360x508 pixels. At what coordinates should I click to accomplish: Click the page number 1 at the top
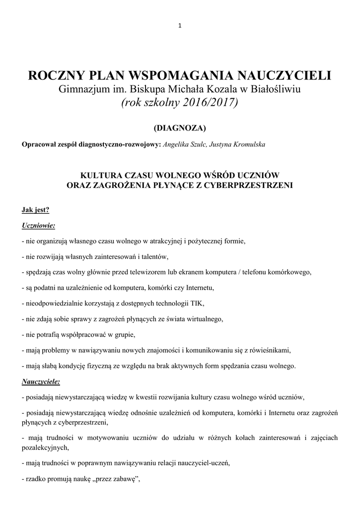180,26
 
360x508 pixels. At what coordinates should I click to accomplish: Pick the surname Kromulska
247,144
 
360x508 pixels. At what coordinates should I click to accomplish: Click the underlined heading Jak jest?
36,209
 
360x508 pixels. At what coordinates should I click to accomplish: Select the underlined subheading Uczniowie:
38,225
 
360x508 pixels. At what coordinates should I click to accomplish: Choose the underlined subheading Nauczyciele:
41,382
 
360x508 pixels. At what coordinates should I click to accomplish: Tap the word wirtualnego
205,319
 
